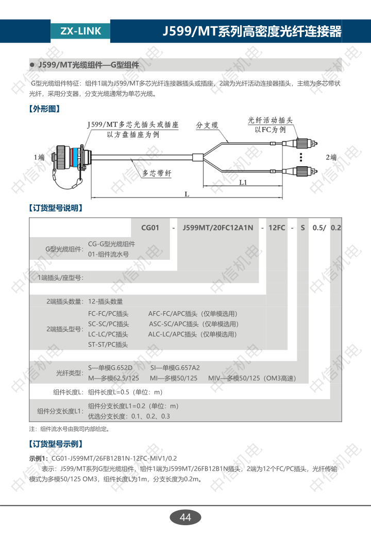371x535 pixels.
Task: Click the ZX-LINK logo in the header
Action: pos(80,31)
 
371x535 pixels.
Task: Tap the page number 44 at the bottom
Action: pos(185,518)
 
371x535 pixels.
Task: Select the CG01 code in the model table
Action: pos(150,227)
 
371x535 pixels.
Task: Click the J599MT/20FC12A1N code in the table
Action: pos(218,227)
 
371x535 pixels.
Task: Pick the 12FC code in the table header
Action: pos(277,227)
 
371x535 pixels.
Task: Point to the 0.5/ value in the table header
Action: pos(319,227)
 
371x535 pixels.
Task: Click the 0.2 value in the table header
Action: pos(336,227)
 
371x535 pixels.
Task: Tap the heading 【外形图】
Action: pos(45,109)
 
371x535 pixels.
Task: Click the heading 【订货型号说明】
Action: pos(56,208)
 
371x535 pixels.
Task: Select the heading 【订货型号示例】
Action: pos(56,444)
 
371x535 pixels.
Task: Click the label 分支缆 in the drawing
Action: pos(207,125)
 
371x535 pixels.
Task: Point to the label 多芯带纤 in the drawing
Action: pos(157,173)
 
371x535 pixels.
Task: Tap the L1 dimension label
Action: pos(243,183)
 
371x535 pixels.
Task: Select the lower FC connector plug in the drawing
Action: pos(302,171)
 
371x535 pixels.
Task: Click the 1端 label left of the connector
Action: pos(39,157)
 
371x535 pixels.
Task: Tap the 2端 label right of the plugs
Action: pos(331,157)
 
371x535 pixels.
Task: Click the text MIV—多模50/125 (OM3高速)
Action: pos(252,378)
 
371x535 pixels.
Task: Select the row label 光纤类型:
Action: pos(70,373)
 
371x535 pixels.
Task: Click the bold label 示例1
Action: pos(39,458)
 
